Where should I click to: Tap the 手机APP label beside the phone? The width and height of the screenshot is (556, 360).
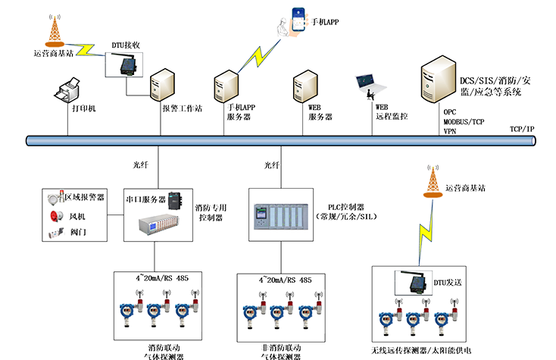click(325, 22)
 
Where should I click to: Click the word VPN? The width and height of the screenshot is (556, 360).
click(450, 130)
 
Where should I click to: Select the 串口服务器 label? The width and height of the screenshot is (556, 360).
click(145, 199)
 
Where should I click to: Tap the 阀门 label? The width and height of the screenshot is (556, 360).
click(78, 233)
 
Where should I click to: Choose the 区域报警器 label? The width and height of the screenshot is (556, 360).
click(83, 198)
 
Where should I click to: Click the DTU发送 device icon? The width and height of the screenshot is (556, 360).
click(414, 285)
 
